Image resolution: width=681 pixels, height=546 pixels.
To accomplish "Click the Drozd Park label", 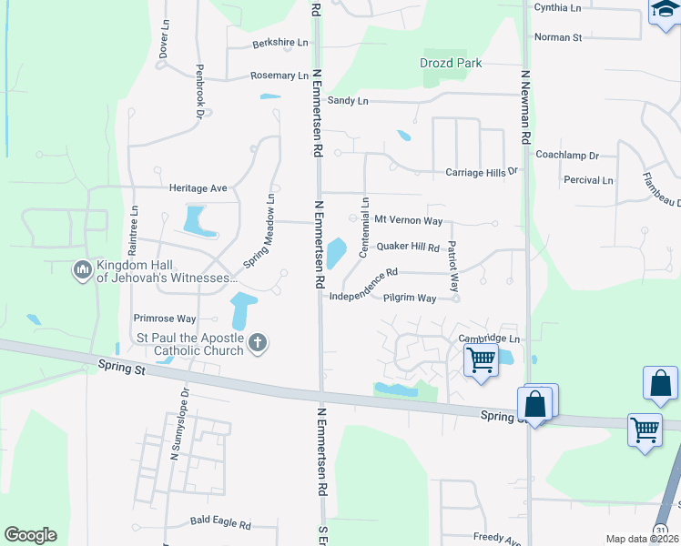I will (451, 63).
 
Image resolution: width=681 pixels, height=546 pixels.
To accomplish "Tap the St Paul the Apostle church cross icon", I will (258, 343).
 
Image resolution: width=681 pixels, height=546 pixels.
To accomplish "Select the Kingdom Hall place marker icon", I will (83, 270).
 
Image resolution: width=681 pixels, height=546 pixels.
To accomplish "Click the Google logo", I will (30, 535).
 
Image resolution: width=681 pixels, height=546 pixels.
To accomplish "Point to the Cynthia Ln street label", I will (557, 7).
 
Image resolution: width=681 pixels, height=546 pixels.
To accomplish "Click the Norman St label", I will (558, 37).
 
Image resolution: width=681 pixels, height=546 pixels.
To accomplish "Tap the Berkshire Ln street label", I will (280, 43).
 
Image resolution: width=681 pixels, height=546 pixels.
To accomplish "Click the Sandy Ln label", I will (348, 100).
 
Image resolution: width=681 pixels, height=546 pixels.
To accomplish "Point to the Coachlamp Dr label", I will (568, 157).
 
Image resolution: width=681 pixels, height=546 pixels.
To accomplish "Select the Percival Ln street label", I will (588, 180).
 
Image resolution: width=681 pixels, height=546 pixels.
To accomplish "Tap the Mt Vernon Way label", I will (409, 220).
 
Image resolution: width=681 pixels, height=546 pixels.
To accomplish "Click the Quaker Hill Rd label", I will (408, 247).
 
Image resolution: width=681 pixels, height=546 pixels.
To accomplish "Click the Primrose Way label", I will (165, 318).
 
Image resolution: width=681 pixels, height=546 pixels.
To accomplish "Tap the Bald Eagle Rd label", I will (219, 521).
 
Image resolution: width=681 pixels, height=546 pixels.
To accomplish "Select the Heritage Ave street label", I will (198, 187).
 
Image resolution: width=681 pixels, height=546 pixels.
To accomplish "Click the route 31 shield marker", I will (661, 530).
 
